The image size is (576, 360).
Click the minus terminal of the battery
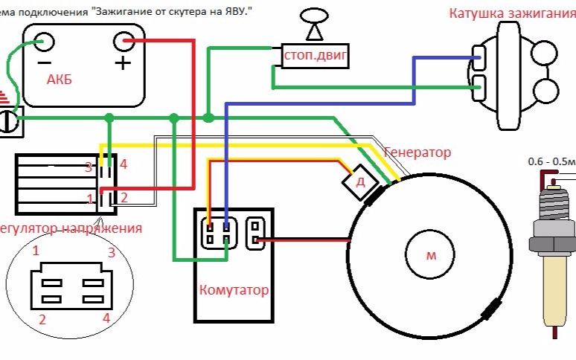[x=43, y=42]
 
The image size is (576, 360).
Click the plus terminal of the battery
[x=124, y=42]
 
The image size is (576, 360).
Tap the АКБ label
[x=60, y=80]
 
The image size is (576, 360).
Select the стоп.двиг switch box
[x=316, y=55]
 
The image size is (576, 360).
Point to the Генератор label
[x=417, y=152]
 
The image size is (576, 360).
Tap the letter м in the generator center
[x=430, y=256]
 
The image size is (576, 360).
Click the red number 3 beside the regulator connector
[x=88, y=167]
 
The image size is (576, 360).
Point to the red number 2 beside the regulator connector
[x=124, y=198]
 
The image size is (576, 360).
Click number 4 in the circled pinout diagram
[x=106, y=318]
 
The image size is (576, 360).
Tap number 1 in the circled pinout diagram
[x=35, y=251]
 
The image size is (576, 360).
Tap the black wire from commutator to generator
[x=305, y=240]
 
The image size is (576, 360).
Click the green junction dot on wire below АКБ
[x=109, y=118]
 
